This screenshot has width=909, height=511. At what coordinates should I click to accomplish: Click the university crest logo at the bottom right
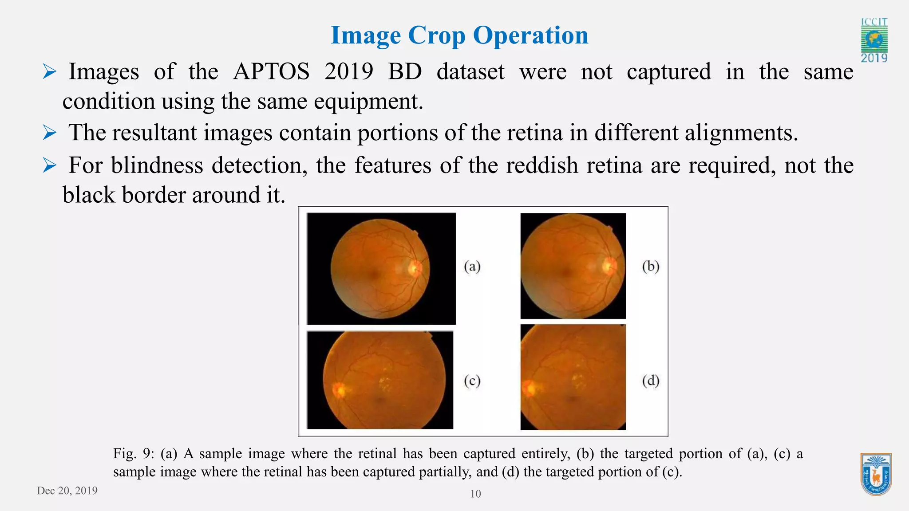coord(876,474)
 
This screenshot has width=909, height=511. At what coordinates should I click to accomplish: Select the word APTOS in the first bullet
coord(271,71)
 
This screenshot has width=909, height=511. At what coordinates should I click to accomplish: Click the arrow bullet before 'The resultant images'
coord(49,133)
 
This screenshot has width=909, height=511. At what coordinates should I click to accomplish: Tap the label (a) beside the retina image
coord(472,267)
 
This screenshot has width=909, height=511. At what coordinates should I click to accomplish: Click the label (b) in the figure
coord(651,267)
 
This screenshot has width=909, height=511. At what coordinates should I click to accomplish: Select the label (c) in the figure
coord(472,381)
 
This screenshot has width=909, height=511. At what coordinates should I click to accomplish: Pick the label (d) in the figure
coord(651,381)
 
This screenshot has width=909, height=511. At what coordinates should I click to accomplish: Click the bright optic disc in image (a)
coord(415,268)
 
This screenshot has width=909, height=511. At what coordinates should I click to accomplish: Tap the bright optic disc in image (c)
coord(340,390)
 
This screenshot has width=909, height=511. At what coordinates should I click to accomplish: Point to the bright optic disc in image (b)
coord(609,266)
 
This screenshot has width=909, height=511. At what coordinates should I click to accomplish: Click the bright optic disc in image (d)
coord(529,389)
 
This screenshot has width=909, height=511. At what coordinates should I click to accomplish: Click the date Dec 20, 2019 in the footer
coord(67,491)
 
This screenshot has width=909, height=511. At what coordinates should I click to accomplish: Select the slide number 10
coord(475,494)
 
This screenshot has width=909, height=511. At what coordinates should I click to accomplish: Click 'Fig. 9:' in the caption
coord(133,454)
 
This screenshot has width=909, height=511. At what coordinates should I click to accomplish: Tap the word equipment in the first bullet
coord(368,102)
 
